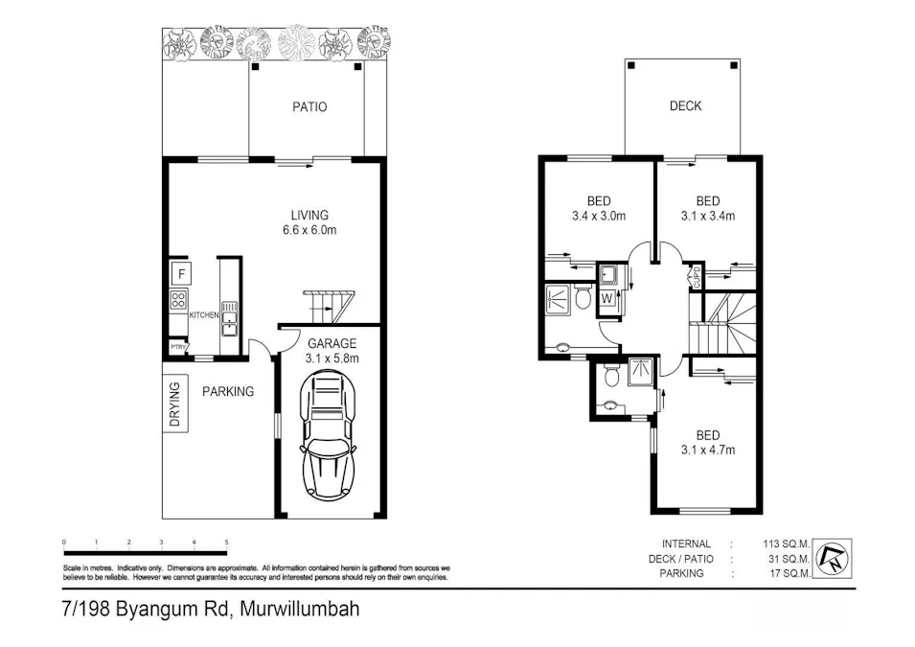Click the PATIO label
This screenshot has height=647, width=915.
pos(309,106)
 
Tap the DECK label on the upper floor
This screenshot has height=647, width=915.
pos(685,105)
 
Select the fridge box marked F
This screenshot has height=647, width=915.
pos(179,274)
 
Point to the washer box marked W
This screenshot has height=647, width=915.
pos(606,298)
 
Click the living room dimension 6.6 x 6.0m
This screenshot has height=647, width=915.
pos(309,230)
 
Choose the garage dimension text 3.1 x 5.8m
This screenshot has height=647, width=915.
pos(332,359)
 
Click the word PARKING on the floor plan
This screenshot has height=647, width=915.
pos(228,391)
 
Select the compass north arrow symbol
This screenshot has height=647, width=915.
pos(834,560)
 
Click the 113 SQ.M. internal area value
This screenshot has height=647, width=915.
pos(786,543)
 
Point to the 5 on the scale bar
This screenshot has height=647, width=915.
pos(226,543)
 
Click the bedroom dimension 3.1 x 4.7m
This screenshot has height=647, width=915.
pos(707,450)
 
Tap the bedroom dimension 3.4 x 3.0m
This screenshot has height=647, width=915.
pos(599,217)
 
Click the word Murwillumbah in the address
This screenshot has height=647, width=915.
pos(299,610)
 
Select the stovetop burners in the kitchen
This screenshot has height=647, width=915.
pos(178,301)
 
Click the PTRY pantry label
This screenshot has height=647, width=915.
pos(177,348)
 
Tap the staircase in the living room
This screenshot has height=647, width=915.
pos(330,307)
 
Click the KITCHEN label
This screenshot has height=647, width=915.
pos(205,315)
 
